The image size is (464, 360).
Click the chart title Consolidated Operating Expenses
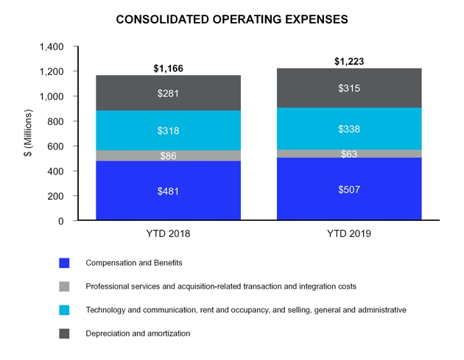pos(232,19)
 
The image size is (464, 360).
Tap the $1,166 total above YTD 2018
pos(168,68)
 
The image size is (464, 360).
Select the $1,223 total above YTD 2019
pos(349,61)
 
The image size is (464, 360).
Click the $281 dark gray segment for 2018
pos(168,93)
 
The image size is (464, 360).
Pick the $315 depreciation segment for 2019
pos(349,88)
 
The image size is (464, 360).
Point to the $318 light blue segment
pos(168,131)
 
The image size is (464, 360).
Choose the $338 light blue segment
pos(349,129)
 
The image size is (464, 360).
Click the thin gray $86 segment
pos(168,156)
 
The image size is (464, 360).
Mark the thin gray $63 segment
pos(349,154)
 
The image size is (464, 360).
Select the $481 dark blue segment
pos(168,191)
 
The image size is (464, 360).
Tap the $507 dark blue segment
pos(349,189)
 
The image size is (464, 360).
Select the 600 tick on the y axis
pos(55,147)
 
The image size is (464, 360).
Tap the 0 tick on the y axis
pos(62,221)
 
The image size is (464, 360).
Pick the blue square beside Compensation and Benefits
pos(64,262)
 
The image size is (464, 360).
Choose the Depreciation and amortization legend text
pos(138,333)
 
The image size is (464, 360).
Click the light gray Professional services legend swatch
pos(64,286)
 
